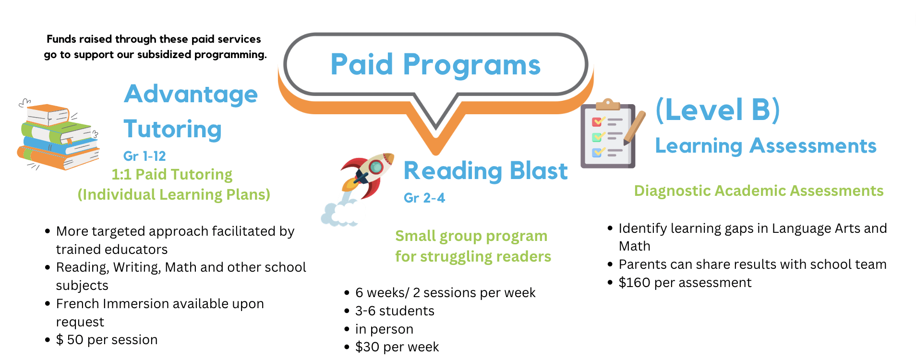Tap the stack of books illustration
[59, 135]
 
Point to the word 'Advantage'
[191, 94]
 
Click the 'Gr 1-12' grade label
[145, 156]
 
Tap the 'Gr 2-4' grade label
[424, 198]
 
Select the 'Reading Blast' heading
[485, 171]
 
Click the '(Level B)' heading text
[718, 109]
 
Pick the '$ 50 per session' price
[107, 340]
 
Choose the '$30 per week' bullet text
[397, 347]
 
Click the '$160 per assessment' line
[685, 282]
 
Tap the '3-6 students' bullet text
[395, 311]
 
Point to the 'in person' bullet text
[384, 329]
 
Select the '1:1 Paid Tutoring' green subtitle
[172, 174]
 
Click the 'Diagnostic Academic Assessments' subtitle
[759, 191]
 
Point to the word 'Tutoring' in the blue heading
[173, 129]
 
